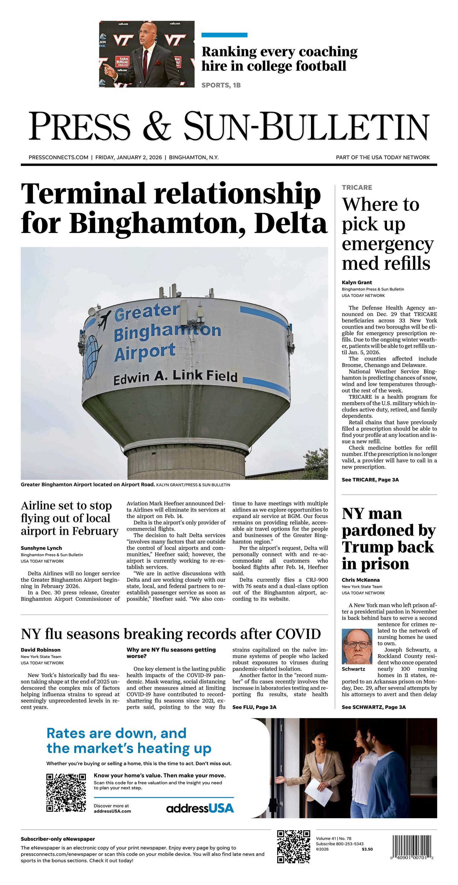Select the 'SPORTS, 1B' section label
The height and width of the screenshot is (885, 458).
pos(221,85)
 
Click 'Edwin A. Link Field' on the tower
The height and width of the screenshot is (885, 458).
pos(175,377)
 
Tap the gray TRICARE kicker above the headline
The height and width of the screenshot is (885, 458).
pos(357,187)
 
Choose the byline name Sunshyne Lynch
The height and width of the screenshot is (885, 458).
pos(41,548)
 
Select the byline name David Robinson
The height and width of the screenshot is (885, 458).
pos(41,650)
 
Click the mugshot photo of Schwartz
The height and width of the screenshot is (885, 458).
pos(357,646)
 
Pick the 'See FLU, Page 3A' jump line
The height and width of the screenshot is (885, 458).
pos(254,707)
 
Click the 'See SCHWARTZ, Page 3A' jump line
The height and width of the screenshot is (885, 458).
pos(373,707)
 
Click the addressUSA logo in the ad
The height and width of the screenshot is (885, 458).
pos(200,808)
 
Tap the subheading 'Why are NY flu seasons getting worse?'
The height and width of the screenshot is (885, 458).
pos(171,653)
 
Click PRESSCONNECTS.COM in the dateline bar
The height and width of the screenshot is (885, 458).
pos(59,157)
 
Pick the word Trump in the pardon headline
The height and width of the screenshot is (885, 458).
pos(388,547)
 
